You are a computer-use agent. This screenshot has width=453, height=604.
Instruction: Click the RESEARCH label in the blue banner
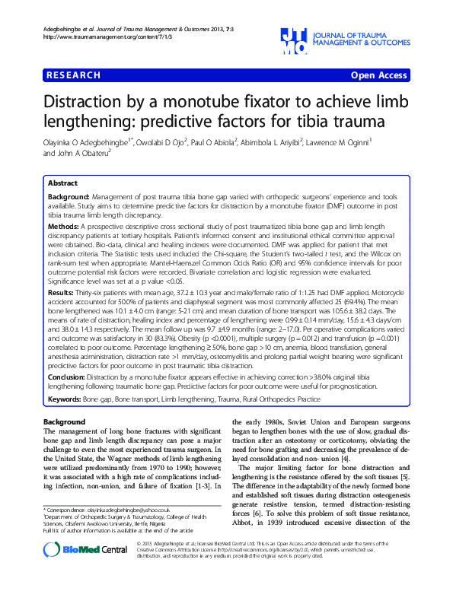[x=73, y=75]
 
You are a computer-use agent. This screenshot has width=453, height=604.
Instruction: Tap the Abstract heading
[x=62, y=183]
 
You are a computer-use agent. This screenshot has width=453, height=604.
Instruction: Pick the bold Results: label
[x=61, y=292]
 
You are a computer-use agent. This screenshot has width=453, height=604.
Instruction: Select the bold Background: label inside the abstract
[x=71, y=196]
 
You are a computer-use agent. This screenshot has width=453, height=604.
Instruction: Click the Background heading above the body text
[x=65, y=422]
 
